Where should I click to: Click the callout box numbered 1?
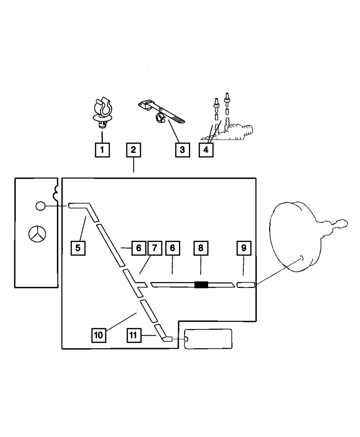pos(102,150)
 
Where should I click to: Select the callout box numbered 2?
pos(133,150)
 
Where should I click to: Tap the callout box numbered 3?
pos(182,150)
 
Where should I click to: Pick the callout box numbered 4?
pos(206,150)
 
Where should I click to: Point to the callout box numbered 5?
pos(78,248)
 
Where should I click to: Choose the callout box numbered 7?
pos(154,248)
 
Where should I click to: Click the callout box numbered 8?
pos(201,248)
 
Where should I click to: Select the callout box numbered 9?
pos(244,248)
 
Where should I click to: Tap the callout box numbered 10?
pos(98,335)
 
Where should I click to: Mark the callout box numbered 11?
pos(133,335)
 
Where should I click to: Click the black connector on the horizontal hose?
pos(201,285)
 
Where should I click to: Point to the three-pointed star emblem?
pos(37,235)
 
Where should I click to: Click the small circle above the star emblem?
pos(41,206)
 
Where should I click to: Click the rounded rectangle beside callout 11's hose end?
pos(208,339)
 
